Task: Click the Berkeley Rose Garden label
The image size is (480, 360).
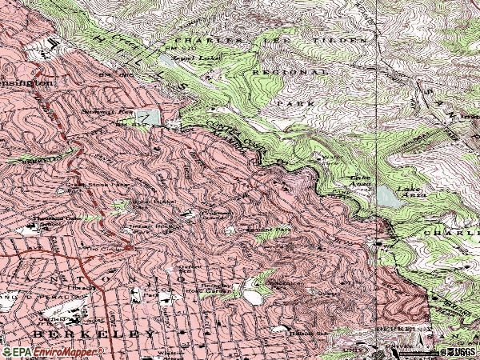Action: [216, 288]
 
